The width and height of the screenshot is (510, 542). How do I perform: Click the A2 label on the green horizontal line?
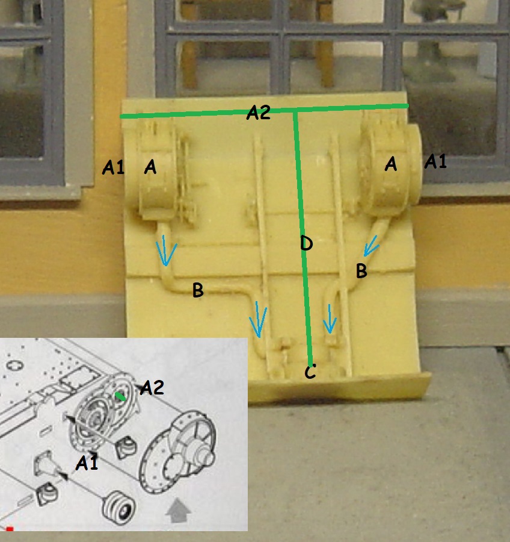[258, 113]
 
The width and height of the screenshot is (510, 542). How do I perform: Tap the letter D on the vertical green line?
[306, 243]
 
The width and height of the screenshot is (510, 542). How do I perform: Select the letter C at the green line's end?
[310, 372]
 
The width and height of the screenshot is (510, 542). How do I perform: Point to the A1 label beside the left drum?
[113, 167]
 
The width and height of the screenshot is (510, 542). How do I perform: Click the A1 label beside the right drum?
[435, 161]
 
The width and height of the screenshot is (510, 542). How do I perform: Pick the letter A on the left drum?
[150, 167]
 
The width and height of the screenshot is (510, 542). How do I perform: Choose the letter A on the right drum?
[390, 164]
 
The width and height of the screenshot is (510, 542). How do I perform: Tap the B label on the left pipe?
[198, 290]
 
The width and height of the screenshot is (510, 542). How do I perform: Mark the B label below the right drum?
[361, 270]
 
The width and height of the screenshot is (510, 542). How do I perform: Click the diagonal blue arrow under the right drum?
[371, 246]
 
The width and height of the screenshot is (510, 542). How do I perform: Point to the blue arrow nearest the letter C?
[330, 319]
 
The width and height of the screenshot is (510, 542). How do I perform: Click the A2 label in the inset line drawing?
[152, 387]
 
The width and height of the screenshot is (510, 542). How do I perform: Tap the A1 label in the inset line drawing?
[87, 463]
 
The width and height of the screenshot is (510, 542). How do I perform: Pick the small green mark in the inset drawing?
[120, 396]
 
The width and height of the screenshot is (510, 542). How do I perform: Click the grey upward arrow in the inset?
[178, 510]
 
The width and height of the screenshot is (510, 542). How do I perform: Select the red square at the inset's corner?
[10, 529]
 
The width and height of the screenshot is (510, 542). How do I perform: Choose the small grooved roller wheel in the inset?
[119, 508]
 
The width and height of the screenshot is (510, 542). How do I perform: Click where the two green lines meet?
[295, 110]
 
